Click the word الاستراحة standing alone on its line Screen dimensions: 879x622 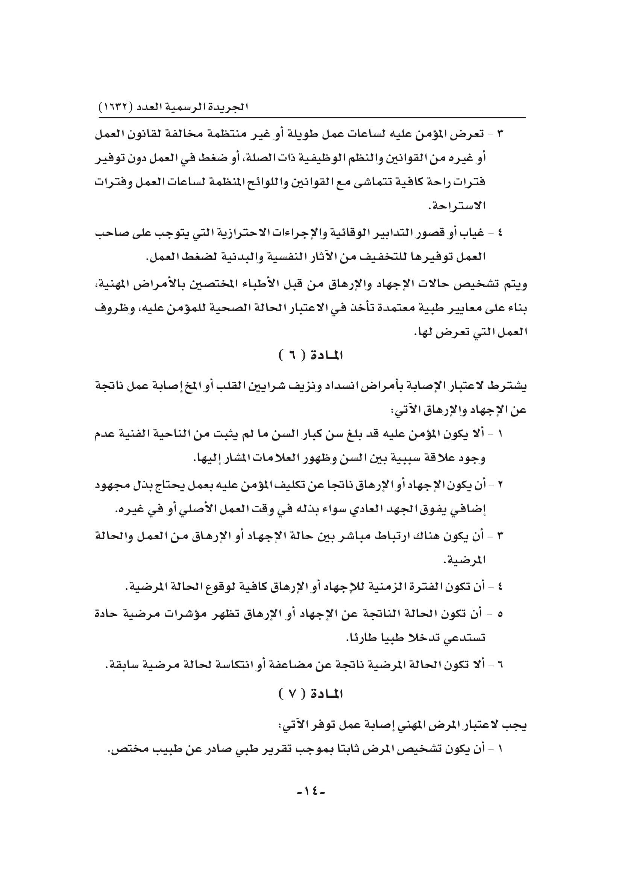[457, 207]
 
